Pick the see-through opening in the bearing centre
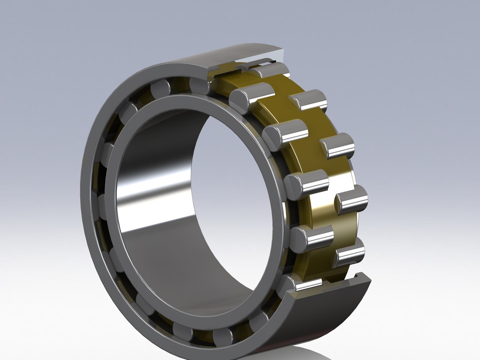click(234, 180)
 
